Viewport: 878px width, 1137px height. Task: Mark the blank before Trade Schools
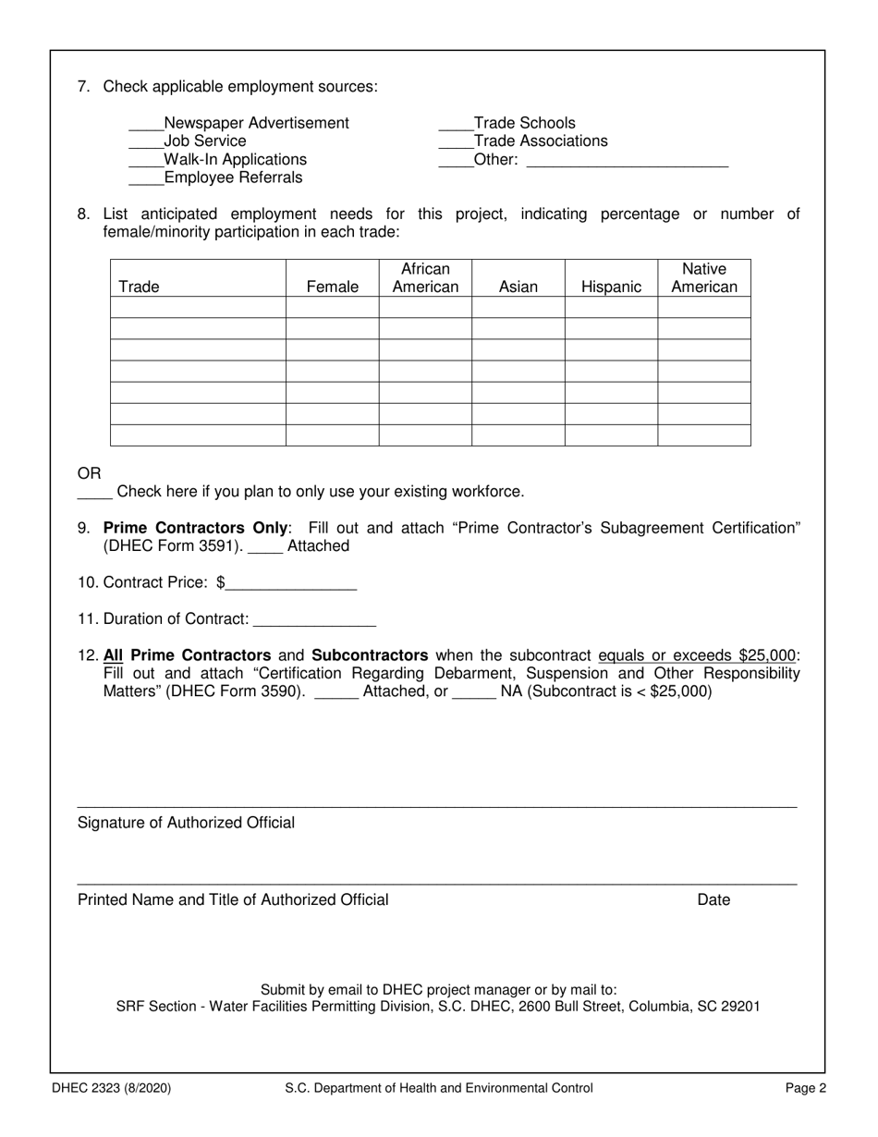pyautogui.click(x=456, y=125)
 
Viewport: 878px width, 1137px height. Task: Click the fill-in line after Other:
pyautogui.click(x=626, y=161)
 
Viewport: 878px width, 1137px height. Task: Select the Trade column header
pyautogui.click(x=139, y=287)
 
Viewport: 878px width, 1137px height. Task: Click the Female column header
pyautogui.click(x=332, y=287)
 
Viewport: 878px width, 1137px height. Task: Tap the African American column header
pyautogui.click(x=425, y=278)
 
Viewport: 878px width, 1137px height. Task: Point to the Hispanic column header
pyautogui.click(x=611, y=287)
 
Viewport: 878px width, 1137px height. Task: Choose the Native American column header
pyautogui.click(x=704, y=278)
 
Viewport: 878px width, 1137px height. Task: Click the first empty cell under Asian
pyautogui.click(x=518, y=307)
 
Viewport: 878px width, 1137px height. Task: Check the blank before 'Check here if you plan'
pyautogui.click(x=94, y=493)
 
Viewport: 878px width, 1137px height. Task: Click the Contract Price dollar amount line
pyautogui.click(x=291, y=584)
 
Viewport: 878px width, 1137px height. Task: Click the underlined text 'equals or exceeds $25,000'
pyautogui.click(x=698, y=656)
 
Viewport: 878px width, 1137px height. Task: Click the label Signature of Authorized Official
pyautogui.click(x=187, y=823)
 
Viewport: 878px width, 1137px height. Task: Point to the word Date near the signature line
pyautogui.click(x=713, y=900)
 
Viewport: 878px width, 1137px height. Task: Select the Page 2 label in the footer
pyautogui.click(x=806, y=1089)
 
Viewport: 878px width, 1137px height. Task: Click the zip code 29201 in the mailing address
pyautogui.click(x=739, y=1007)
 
